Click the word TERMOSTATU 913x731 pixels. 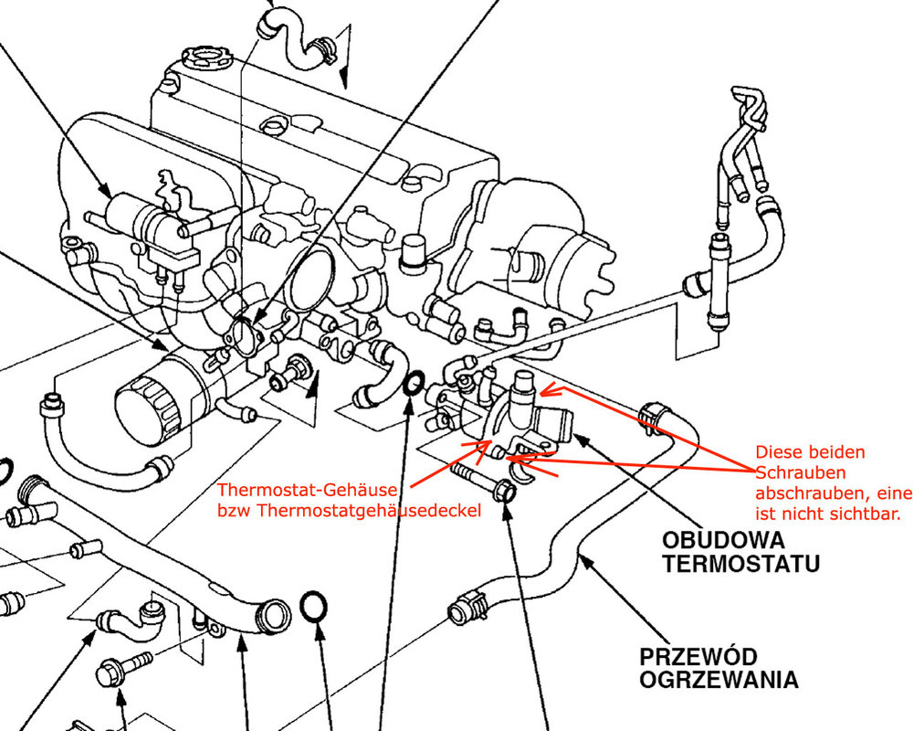pos(740,563)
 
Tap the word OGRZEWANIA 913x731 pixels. pos(719,681)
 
